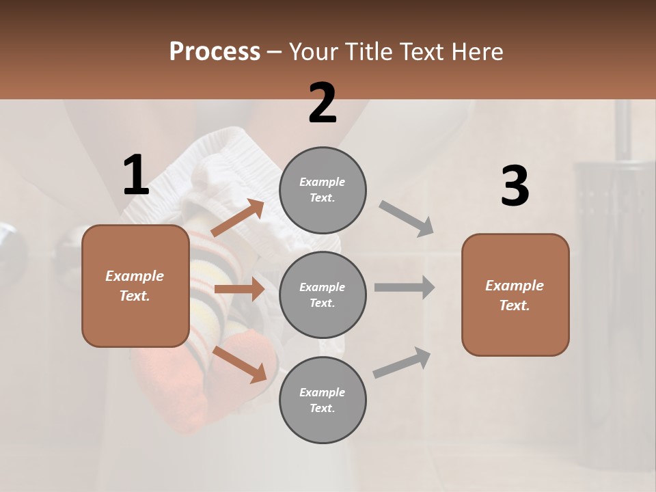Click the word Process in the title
tap(215, 51)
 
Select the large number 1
tap(136, 176)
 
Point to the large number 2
tap(323, 103)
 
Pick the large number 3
tap(515, 187)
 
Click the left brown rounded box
tap(135, 286)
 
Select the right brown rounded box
tap(515, 295)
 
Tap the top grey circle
tap(323, 190)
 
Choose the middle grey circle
tap(323, 295)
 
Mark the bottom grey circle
tap(323, 400)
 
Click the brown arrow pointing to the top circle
tap(238, 217)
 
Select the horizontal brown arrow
tap(239, 289)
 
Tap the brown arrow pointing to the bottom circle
tap(239, 364)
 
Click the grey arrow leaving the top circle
tap(407, 218)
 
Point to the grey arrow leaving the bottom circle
tap(402, 362)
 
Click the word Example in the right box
tap(515, 286)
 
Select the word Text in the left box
tap(134, 296)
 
